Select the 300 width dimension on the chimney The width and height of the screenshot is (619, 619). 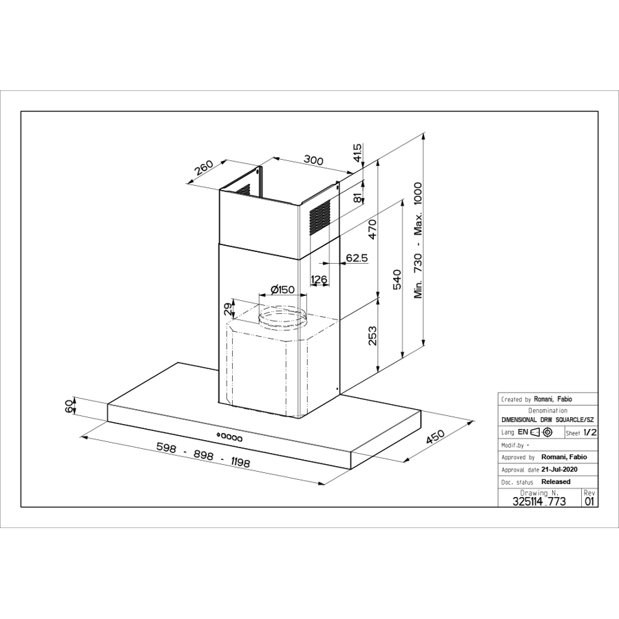tap(313, 160)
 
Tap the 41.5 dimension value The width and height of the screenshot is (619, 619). tap(357, 153)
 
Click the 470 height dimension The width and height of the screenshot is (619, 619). tap(372, 229)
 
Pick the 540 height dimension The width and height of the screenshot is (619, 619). tap(397, 280)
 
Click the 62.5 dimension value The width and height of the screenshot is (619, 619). tap(357, 258)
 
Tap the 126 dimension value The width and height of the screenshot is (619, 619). tap(319, 278)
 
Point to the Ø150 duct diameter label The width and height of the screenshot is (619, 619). tap(283, 289)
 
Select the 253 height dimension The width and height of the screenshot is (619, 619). tap(373, 335)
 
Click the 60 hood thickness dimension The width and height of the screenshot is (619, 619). tap(69, 406)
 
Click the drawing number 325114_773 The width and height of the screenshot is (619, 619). tap(539, 501)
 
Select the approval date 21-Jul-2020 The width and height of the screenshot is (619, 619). tap(559, 469)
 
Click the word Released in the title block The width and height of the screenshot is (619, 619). tap(556, 481)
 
